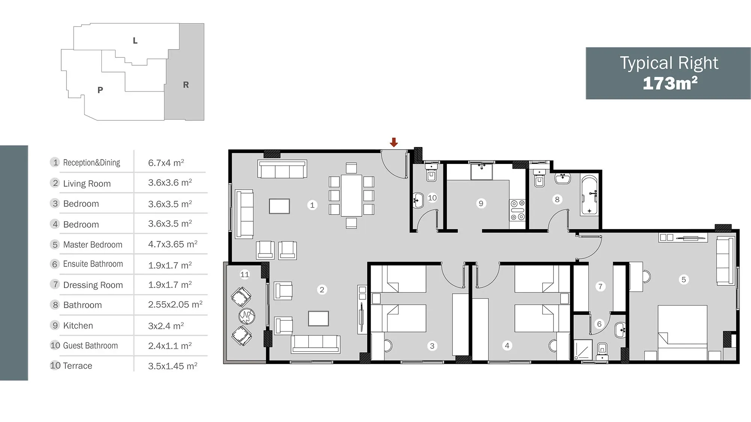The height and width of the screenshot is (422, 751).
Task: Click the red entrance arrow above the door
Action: [x=394, y=142]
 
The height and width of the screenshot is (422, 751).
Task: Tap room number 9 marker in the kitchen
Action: [x=481, y=203]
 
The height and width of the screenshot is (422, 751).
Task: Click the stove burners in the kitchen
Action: [x=517, y=210]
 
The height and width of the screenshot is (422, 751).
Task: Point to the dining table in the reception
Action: [x=351, y=195]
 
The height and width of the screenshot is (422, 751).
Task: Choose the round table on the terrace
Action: [x=247, y=316]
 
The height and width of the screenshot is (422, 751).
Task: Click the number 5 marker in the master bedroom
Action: [x=683, y=279]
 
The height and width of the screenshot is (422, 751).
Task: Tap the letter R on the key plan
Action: [x=186, y=85]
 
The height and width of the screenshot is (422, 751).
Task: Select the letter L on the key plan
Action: [x=135, y=41]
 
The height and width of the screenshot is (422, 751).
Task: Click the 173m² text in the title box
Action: [x=670, y=83]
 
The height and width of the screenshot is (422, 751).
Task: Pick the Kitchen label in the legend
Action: [x=78, y=326]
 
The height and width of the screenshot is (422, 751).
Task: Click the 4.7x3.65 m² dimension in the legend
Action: [x=173, y=244]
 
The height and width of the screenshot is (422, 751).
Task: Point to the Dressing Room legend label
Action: [x=93, y=285]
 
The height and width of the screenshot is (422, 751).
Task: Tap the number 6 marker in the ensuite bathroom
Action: [x=599, y=324]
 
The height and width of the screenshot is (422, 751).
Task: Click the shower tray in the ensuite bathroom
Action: [x=583, y=350]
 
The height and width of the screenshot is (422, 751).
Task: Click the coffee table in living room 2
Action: [x=318, y=318]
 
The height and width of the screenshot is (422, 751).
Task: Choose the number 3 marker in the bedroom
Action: [x=432, y=346]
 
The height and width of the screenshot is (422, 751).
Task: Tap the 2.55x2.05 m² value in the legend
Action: [x=175, y=304]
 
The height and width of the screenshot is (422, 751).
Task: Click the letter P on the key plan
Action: [x=100, y=90]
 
